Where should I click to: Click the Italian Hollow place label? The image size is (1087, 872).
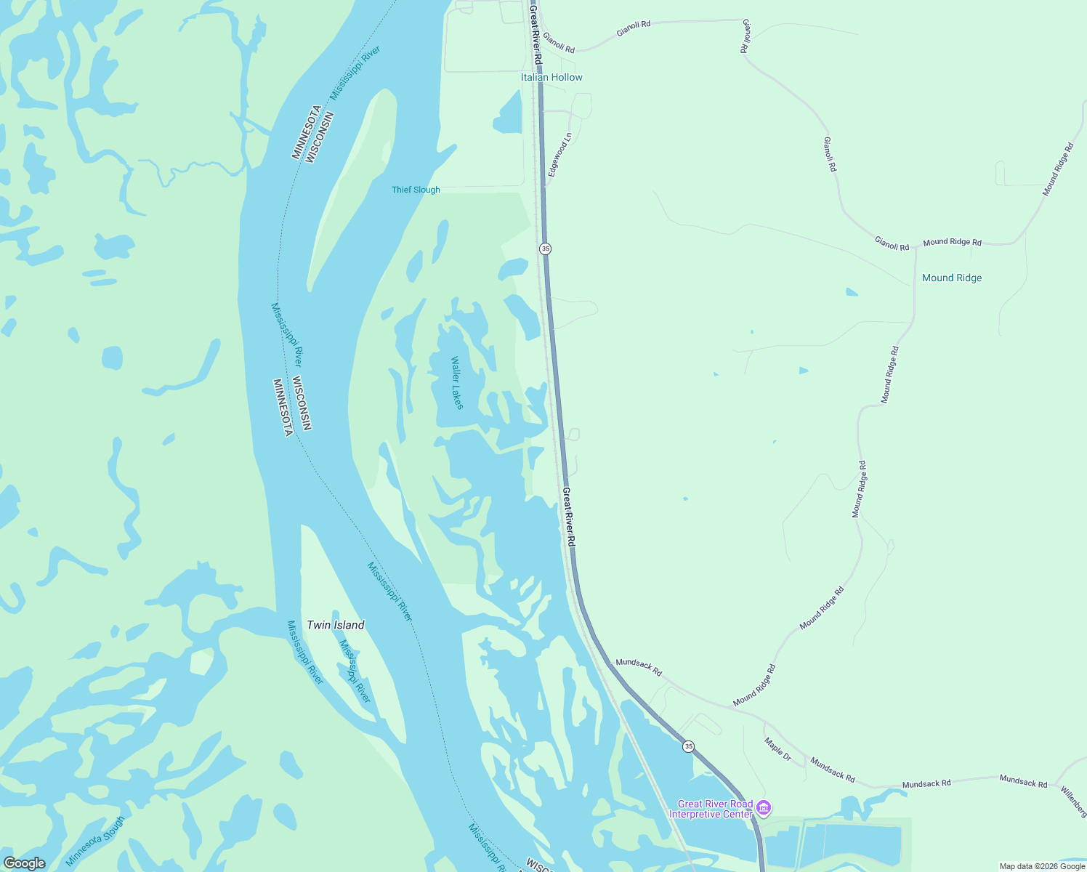[551, 77]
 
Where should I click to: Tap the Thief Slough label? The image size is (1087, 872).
[416, 190]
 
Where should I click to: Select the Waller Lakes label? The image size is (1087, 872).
[456, 383]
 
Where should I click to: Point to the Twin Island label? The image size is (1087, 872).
[336, 625]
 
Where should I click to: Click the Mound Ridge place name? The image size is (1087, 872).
[951, 278]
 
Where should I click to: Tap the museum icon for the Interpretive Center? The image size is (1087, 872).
[763, 807]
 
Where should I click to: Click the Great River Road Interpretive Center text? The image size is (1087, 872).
[714, 809]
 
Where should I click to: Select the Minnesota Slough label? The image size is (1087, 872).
[95, 841]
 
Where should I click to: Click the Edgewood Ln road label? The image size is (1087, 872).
[560, 155]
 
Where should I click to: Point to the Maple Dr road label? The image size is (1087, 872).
[777, 748]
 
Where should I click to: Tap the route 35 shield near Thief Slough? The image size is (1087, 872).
[546, 249]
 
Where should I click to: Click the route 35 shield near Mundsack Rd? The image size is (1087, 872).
[688, 746]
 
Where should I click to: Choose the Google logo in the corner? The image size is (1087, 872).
[24, 863]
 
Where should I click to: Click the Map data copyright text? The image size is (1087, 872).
[1042, 866]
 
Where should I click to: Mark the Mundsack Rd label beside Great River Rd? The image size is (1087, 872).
[639, 667]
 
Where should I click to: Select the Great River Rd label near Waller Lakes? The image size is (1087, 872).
[569, 517]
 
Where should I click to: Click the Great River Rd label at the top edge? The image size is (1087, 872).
[536, 33]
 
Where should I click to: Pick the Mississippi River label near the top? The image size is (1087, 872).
[355, 73]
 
